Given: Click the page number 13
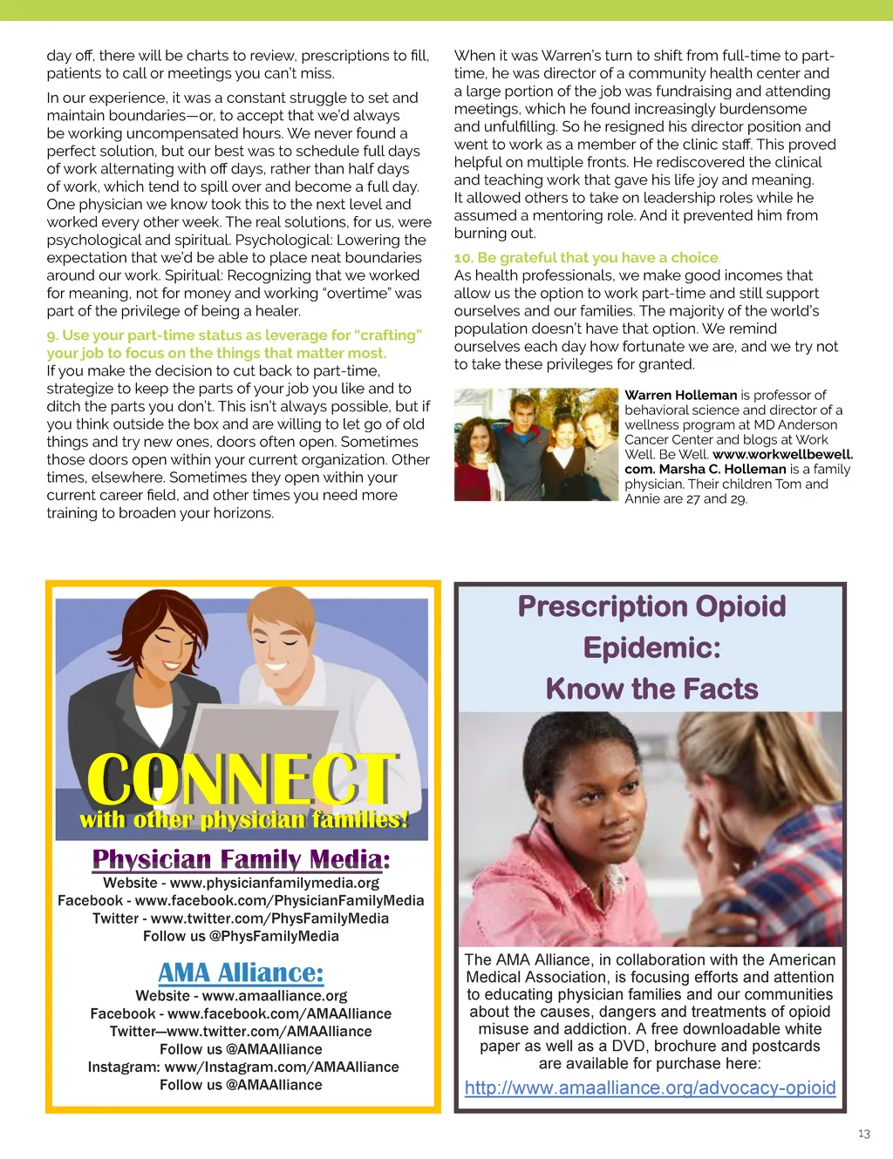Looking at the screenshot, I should point(863,1134).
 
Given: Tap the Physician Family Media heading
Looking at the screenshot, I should point(241,859).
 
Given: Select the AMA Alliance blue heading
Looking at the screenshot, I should point(241,973).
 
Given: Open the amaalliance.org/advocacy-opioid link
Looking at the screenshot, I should point(650,1088).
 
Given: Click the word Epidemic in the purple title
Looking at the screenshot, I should point(651,647).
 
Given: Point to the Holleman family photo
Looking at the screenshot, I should point(535,444).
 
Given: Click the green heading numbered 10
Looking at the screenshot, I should point(586,258).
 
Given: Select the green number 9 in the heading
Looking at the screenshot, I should point(51,335).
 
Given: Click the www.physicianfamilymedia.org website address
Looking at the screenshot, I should point(275,883).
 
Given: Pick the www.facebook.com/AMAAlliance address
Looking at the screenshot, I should point(279,1013).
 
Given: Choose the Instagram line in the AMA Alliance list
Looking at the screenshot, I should point(242,1067).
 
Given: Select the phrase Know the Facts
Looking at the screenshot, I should point(651,688).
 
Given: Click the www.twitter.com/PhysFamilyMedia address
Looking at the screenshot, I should point(269,918).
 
